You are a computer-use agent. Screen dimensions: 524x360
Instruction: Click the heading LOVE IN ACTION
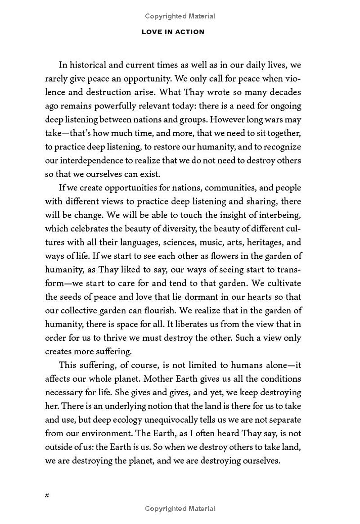point(173,32)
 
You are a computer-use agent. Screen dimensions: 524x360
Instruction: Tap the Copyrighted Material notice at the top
point(180,16)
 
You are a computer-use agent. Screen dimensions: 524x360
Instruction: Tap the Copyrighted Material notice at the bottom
point(180,509)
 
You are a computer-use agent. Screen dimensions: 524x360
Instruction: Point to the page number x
point(47,495)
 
